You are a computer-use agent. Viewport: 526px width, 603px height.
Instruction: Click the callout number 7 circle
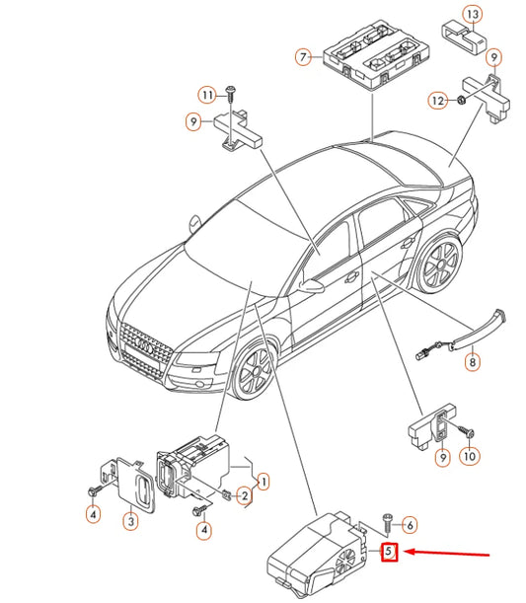click(304, 58)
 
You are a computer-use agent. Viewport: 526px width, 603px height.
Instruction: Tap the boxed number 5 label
click(390, 552)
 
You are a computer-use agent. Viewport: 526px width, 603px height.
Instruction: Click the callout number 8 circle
click(472, 363)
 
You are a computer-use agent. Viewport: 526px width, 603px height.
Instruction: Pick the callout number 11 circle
click(206, 95)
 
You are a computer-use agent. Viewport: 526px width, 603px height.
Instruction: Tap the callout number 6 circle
click(411, 525)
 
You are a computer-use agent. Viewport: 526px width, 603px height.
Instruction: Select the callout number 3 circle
click(129, 521)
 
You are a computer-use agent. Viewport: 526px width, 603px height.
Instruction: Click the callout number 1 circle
click(263, 481)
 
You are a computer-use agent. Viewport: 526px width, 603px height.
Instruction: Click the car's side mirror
click(313, 286)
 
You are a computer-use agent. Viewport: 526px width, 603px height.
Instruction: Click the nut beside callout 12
click(461, 100)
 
